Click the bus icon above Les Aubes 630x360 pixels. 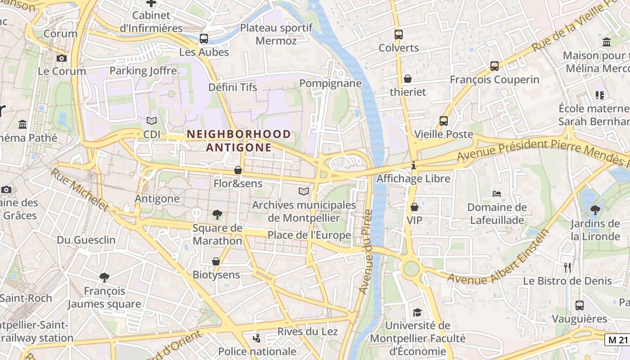coord(204,38)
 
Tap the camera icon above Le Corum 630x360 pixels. coord(62,58)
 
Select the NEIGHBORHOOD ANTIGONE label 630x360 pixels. coord(239,141)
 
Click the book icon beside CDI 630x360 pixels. coord(152,121)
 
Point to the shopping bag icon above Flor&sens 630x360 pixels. coord(238,170)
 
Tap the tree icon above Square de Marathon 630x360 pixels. coord(217,214)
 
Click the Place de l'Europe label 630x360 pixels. coord(309,235)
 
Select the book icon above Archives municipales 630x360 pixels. coord(304,192)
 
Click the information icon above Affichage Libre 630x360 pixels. coord(413,166)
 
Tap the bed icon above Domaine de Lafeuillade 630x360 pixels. coord(497,194)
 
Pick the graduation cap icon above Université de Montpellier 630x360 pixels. coord(417,312)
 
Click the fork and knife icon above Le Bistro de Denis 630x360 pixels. coord(567,267)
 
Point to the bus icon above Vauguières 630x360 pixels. coord(580,306)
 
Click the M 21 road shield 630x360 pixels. coord(617,340)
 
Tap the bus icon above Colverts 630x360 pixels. coord(398,34)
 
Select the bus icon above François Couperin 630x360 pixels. coord(495,66)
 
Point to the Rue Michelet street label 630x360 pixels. coord(80,190)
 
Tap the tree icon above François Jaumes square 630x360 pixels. coord(104,277)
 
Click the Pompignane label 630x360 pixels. coord(330,83)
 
